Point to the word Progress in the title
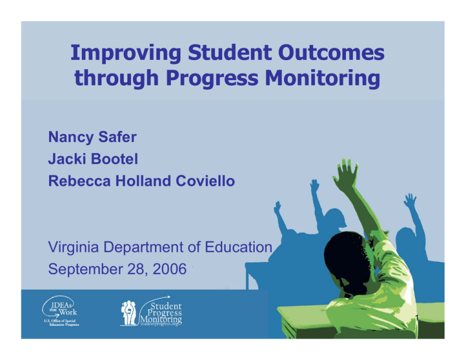coord(208,80)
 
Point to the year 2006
coord(167,268)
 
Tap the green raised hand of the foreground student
coord(346,175)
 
